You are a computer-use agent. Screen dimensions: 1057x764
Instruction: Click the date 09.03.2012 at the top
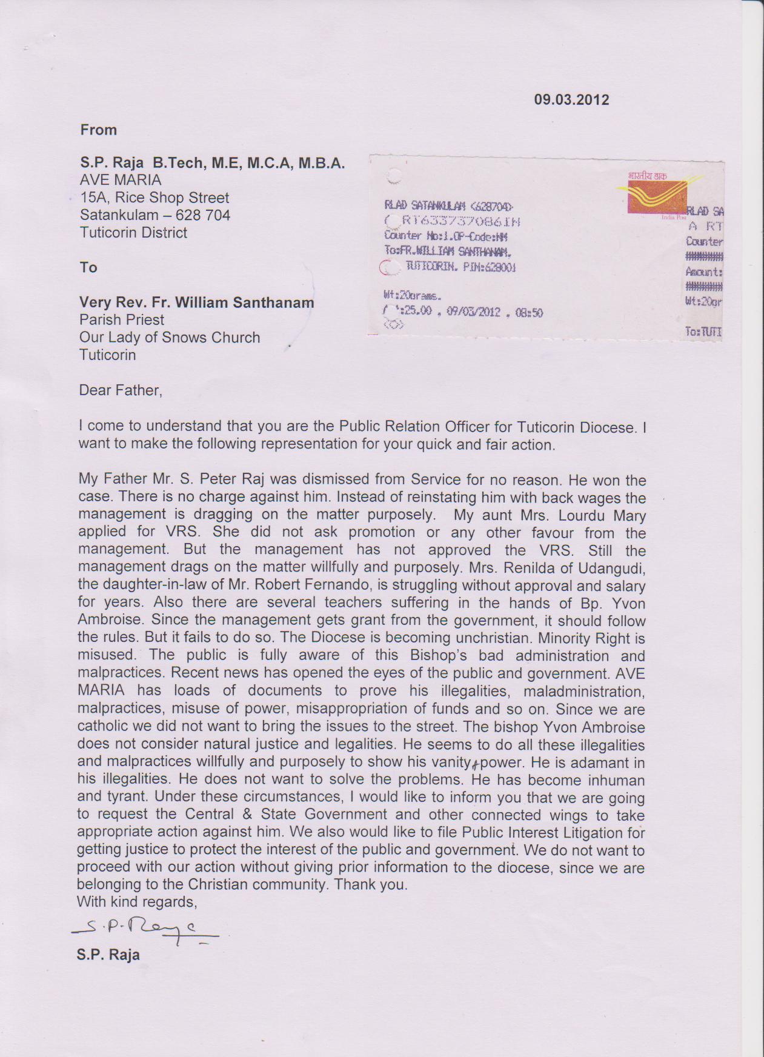(571, 99)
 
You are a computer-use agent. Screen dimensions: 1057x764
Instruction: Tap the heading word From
(98, 130)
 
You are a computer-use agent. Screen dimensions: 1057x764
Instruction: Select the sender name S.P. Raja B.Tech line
(212, 162)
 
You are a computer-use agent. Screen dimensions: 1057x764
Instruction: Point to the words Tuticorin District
(133, 233)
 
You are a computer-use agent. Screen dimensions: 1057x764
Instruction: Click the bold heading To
(88, 267)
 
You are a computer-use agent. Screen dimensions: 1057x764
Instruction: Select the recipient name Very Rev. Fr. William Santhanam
(196, 302)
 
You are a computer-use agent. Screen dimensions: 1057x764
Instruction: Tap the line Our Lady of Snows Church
(170, 338)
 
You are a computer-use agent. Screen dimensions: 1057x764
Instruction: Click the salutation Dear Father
(121, 390)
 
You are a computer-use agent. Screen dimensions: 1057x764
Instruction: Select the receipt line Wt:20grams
(412, 296)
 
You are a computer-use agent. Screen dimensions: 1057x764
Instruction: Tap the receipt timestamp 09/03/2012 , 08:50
(494, 313)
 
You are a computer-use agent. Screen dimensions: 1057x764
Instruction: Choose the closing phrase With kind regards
(137, 902)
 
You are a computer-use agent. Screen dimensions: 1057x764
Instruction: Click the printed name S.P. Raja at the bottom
(108, 955)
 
